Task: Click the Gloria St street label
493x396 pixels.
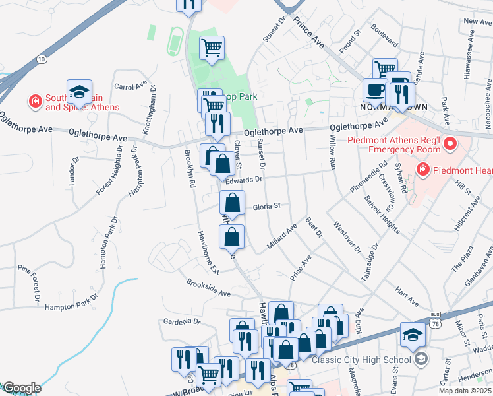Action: [267, 206]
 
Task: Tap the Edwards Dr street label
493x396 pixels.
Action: [244, 179]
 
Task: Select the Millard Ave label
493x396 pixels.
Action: [282, 238]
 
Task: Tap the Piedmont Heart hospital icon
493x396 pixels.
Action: [422, 171]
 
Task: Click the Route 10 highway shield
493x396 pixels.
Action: [42, 59]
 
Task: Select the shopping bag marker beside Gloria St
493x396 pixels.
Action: [232, 201]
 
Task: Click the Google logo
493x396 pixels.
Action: [21, 388]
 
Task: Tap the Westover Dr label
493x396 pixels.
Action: [349, 237]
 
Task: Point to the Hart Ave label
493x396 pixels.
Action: [407, 296]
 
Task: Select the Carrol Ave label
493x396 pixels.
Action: [130, 86]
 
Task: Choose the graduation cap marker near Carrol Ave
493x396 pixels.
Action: [79, 91]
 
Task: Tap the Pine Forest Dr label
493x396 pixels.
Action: [30, 288]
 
